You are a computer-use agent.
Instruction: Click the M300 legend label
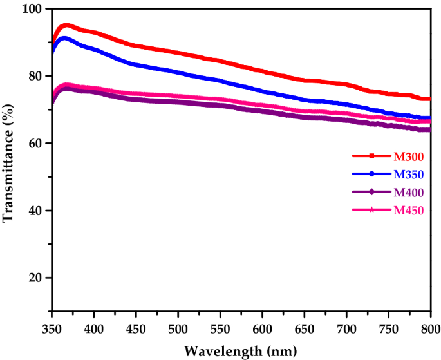408,155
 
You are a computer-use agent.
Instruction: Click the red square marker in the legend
372,156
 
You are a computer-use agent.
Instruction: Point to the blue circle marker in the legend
372,174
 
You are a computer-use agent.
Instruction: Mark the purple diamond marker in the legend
372,192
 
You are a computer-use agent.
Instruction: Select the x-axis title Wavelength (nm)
240,351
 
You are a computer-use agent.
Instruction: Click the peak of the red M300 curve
65,25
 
